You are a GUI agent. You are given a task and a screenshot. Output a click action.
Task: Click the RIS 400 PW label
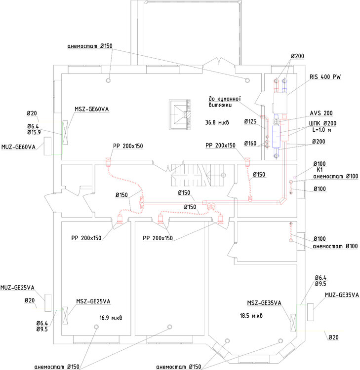tap(325, 77)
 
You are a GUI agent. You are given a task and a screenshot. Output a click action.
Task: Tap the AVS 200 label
tap(321, 113)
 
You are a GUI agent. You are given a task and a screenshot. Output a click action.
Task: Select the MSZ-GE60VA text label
tap(92, 109)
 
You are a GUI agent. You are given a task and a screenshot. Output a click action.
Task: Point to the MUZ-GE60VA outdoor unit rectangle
tap(47, 146)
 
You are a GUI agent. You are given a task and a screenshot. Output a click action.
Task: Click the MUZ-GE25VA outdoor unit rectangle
tap(48, 303)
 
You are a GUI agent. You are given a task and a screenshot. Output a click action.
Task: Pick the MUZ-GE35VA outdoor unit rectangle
tap(311, 312)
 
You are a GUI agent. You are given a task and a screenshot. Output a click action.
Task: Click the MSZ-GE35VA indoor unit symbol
tap(293, 323)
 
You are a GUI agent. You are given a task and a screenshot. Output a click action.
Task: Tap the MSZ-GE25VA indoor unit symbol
tap(65, 316)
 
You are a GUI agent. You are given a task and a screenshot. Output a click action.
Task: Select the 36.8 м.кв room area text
tap(217, 122)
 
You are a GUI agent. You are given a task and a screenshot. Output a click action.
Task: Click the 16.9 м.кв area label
tap(111, 318)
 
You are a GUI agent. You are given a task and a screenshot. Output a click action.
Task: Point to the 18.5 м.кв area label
tap(251, 316)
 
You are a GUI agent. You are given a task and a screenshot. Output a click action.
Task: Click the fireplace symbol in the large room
tap(180, 114)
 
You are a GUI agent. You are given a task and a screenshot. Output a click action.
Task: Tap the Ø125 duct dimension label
tap(250, 121)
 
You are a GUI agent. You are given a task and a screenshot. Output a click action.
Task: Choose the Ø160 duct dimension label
tap(250, 144)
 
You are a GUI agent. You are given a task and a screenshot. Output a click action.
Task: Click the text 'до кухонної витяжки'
tap(224, 102)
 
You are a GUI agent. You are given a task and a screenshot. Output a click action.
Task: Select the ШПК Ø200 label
tap(322, 123)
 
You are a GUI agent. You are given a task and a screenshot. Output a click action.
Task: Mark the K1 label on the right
tap(320, 170)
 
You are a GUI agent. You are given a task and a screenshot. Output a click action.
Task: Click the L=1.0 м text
tap(322, 130)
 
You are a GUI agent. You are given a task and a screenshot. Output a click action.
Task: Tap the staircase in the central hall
tap(198, 175)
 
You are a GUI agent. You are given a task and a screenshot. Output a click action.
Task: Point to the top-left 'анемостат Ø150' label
tap(90, 46)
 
